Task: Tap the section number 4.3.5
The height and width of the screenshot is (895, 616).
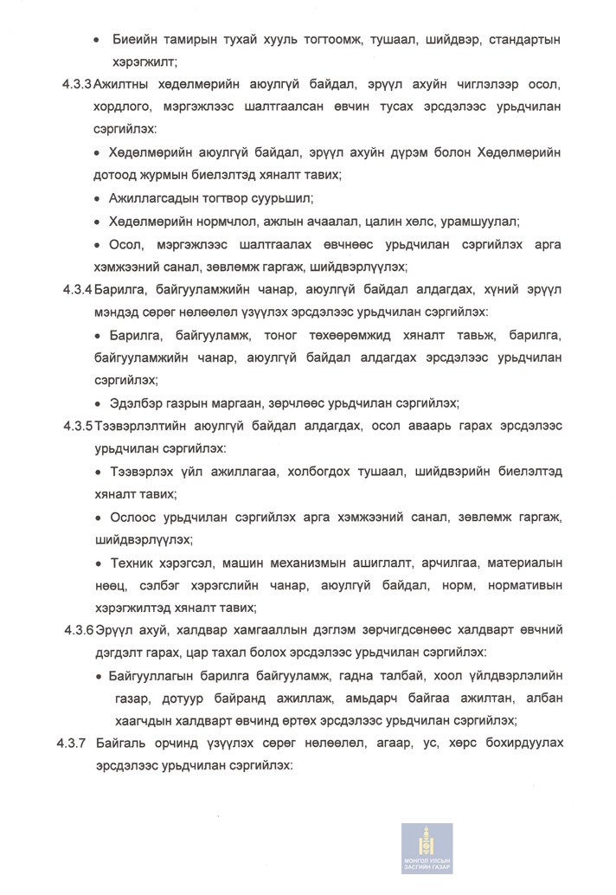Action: tap(78, 426)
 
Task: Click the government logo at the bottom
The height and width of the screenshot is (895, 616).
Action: tap(427, 848)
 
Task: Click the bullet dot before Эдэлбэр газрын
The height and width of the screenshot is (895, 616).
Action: tap(99, 402)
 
